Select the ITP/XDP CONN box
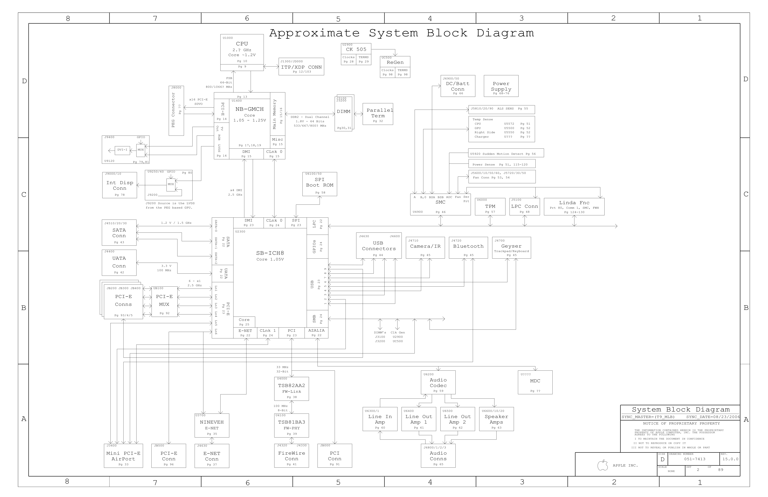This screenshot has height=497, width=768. (301, 67)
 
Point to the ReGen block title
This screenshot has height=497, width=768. (395, 62)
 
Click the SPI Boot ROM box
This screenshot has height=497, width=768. (319, 184)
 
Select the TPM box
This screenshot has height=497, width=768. (490, 206)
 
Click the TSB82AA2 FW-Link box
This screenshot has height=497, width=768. (291, 389)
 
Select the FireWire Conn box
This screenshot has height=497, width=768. (291, 456)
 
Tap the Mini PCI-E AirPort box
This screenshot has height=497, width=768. (123, 456)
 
